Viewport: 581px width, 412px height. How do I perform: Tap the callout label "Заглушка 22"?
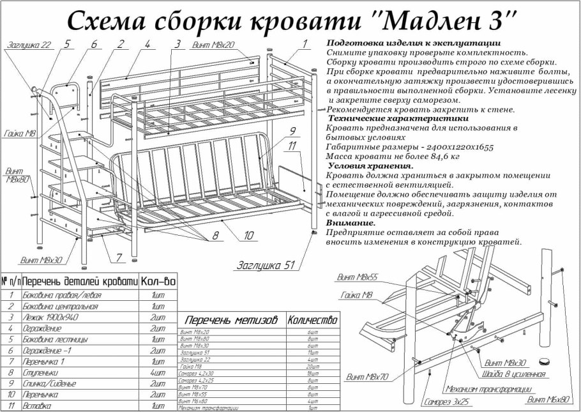29,46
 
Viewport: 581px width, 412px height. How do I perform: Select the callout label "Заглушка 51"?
265,265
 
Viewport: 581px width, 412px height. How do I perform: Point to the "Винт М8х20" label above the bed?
213,46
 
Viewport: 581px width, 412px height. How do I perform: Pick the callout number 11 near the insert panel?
292,146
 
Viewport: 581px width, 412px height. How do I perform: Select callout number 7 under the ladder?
119,257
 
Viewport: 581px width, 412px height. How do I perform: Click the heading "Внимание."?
351,223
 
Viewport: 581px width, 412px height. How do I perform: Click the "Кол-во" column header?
158,281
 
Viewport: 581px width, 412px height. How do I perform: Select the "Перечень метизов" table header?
231,320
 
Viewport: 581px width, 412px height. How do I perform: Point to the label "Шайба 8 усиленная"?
514,374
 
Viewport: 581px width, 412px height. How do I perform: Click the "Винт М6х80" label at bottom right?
547,400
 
